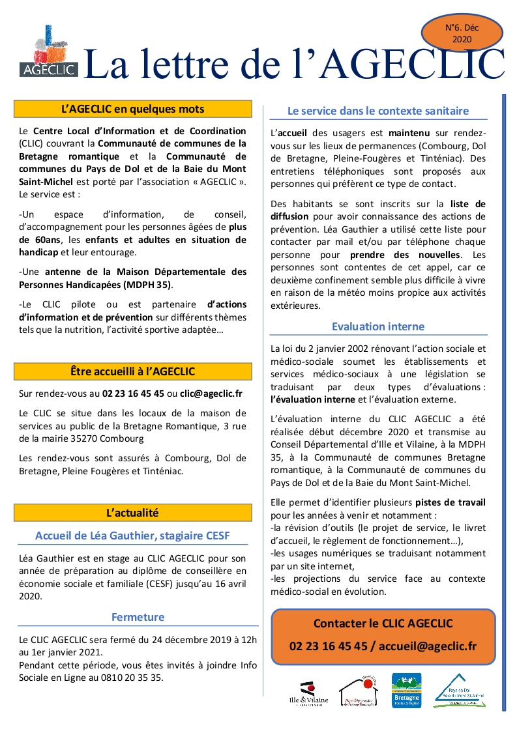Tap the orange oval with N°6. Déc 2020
coord(462,33)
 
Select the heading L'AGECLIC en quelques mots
coord(133,109)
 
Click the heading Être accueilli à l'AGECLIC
coord(133,371)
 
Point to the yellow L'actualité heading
coord(133,513)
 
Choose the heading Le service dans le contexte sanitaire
coord(378,111)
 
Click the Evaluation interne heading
coord(378,326)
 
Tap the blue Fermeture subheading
coord(138,616)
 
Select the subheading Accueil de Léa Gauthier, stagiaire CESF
coord(132,536)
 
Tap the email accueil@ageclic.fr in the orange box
coord(427,646)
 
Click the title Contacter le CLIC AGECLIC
coord(383,623)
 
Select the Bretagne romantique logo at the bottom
coord(406,691)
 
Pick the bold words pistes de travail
coord(451,503)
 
